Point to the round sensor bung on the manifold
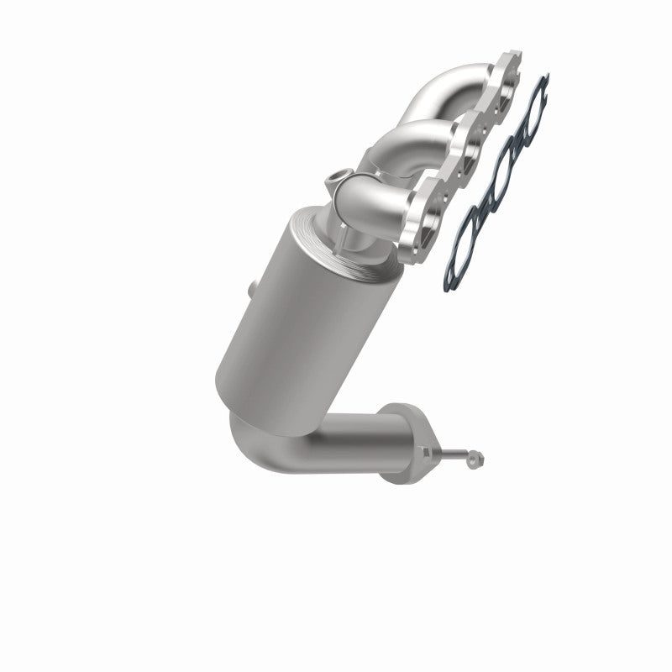click(336, 178)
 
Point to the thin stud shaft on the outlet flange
click(458, 454)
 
